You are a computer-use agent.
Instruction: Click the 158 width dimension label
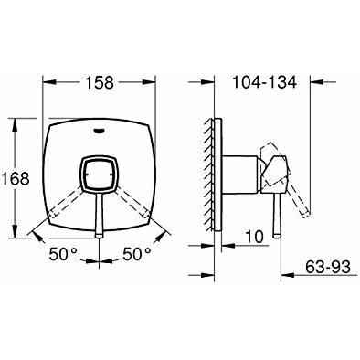[100, 82]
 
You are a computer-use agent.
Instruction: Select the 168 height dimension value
[16, 178]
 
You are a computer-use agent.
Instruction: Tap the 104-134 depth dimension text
[264, 82]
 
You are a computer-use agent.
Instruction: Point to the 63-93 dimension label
[328, 267]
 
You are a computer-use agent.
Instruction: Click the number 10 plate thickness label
[254, 237]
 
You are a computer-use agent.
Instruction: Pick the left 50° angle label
[63, 253]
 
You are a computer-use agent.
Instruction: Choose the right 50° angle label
[137, 253]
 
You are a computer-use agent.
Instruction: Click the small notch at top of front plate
[100, 132]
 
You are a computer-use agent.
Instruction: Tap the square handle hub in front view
[100, 175]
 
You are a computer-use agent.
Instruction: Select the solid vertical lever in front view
[100, 216]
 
